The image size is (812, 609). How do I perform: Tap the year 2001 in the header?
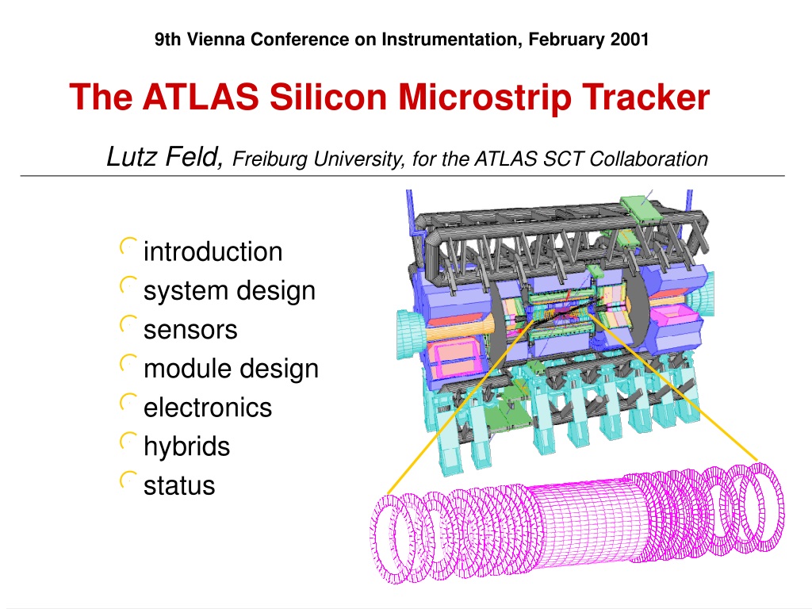coord(629,40)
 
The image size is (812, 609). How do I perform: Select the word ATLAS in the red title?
coord(201,97)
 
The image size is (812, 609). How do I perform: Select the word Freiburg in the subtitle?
coord(270,159)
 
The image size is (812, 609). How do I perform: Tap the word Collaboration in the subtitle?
coord(649,159)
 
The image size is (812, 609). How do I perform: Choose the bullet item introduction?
coord(213,251)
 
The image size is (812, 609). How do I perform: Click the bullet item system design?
coord(229,291)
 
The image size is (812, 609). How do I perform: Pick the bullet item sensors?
coord(190,330)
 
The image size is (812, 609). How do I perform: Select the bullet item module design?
coord(231,369)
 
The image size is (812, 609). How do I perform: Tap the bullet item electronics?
coord(208,408)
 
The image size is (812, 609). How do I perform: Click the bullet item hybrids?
coord(186,446)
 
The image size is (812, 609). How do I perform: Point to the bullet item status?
coord(179,486)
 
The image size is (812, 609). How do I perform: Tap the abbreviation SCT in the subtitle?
coord(561,159)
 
